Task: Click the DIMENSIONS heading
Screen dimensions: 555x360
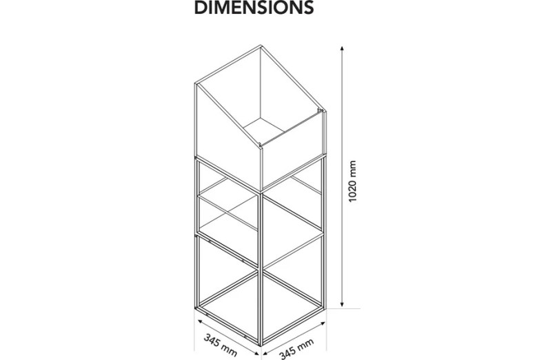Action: (254, 7)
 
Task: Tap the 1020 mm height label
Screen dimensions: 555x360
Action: (352, 181)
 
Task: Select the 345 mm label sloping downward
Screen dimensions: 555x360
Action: (221, 345)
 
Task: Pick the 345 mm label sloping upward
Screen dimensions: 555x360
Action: (296, 349)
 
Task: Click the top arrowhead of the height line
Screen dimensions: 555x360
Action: (341, 48)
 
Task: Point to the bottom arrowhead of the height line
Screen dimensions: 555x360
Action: (342, 304)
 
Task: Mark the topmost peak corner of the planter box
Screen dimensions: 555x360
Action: (261, 46)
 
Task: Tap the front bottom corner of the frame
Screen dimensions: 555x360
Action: (261, 345)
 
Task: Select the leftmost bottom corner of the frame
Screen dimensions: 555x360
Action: (195, 308)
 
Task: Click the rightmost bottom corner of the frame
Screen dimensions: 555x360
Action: (325, 308)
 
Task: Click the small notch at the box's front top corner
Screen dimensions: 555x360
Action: (261, 144)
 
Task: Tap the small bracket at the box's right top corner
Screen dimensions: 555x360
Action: (321, 110)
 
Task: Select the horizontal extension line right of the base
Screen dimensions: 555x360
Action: (343, 308)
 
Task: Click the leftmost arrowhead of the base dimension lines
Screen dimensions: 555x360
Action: (200, 321)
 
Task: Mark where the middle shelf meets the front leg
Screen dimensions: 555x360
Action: (261, 267)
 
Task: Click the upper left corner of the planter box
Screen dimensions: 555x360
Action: (195, 83)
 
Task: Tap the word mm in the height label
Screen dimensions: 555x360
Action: (352, 168)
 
